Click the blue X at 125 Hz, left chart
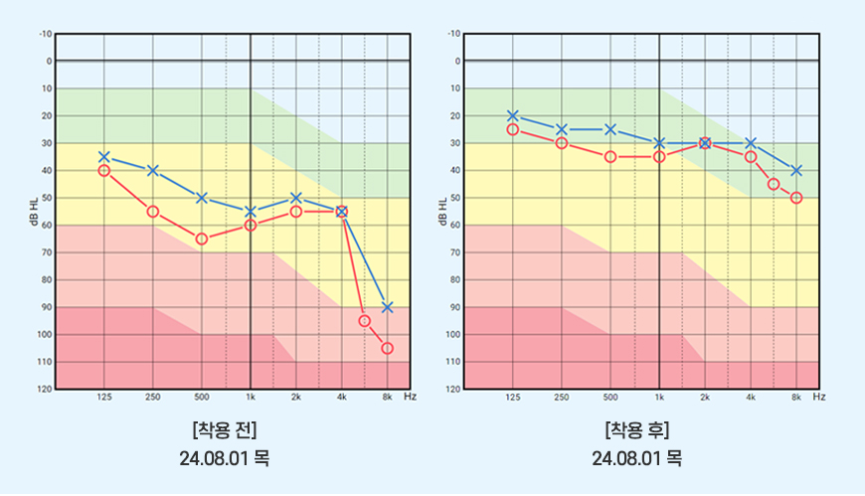tap(104, 157)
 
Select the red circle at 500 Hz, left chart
tap(202, 239)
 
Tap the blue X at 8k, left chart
tap(388, 307)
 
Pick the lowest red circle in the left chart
tap(388, 348)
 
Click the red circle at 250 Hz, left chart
tap(153, 212)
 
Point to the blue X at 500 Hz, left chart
tap(202, 198)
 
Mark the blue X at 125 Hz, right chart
tap(513, 116)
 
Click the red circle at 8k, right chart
tap(796, 198)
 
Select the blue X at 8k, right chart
tap(796, 171)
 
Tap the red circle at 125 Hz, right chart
tap(513, 129)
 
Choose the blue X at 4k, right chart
tap(751, 143)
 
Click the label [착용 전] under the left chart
tap(225, 430)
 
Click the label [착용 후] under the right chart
tap(636, 430)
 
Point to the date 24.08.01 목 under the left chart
tap(225, 458)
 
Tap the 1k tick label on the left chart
tap(251, 397)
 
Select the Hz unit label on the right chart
tap(819, 397)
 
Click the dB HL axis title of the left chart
tap(34, 212)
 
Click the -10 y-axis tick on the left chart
tap(45, 34)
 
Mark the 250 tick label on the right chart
tap(562, 397)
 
